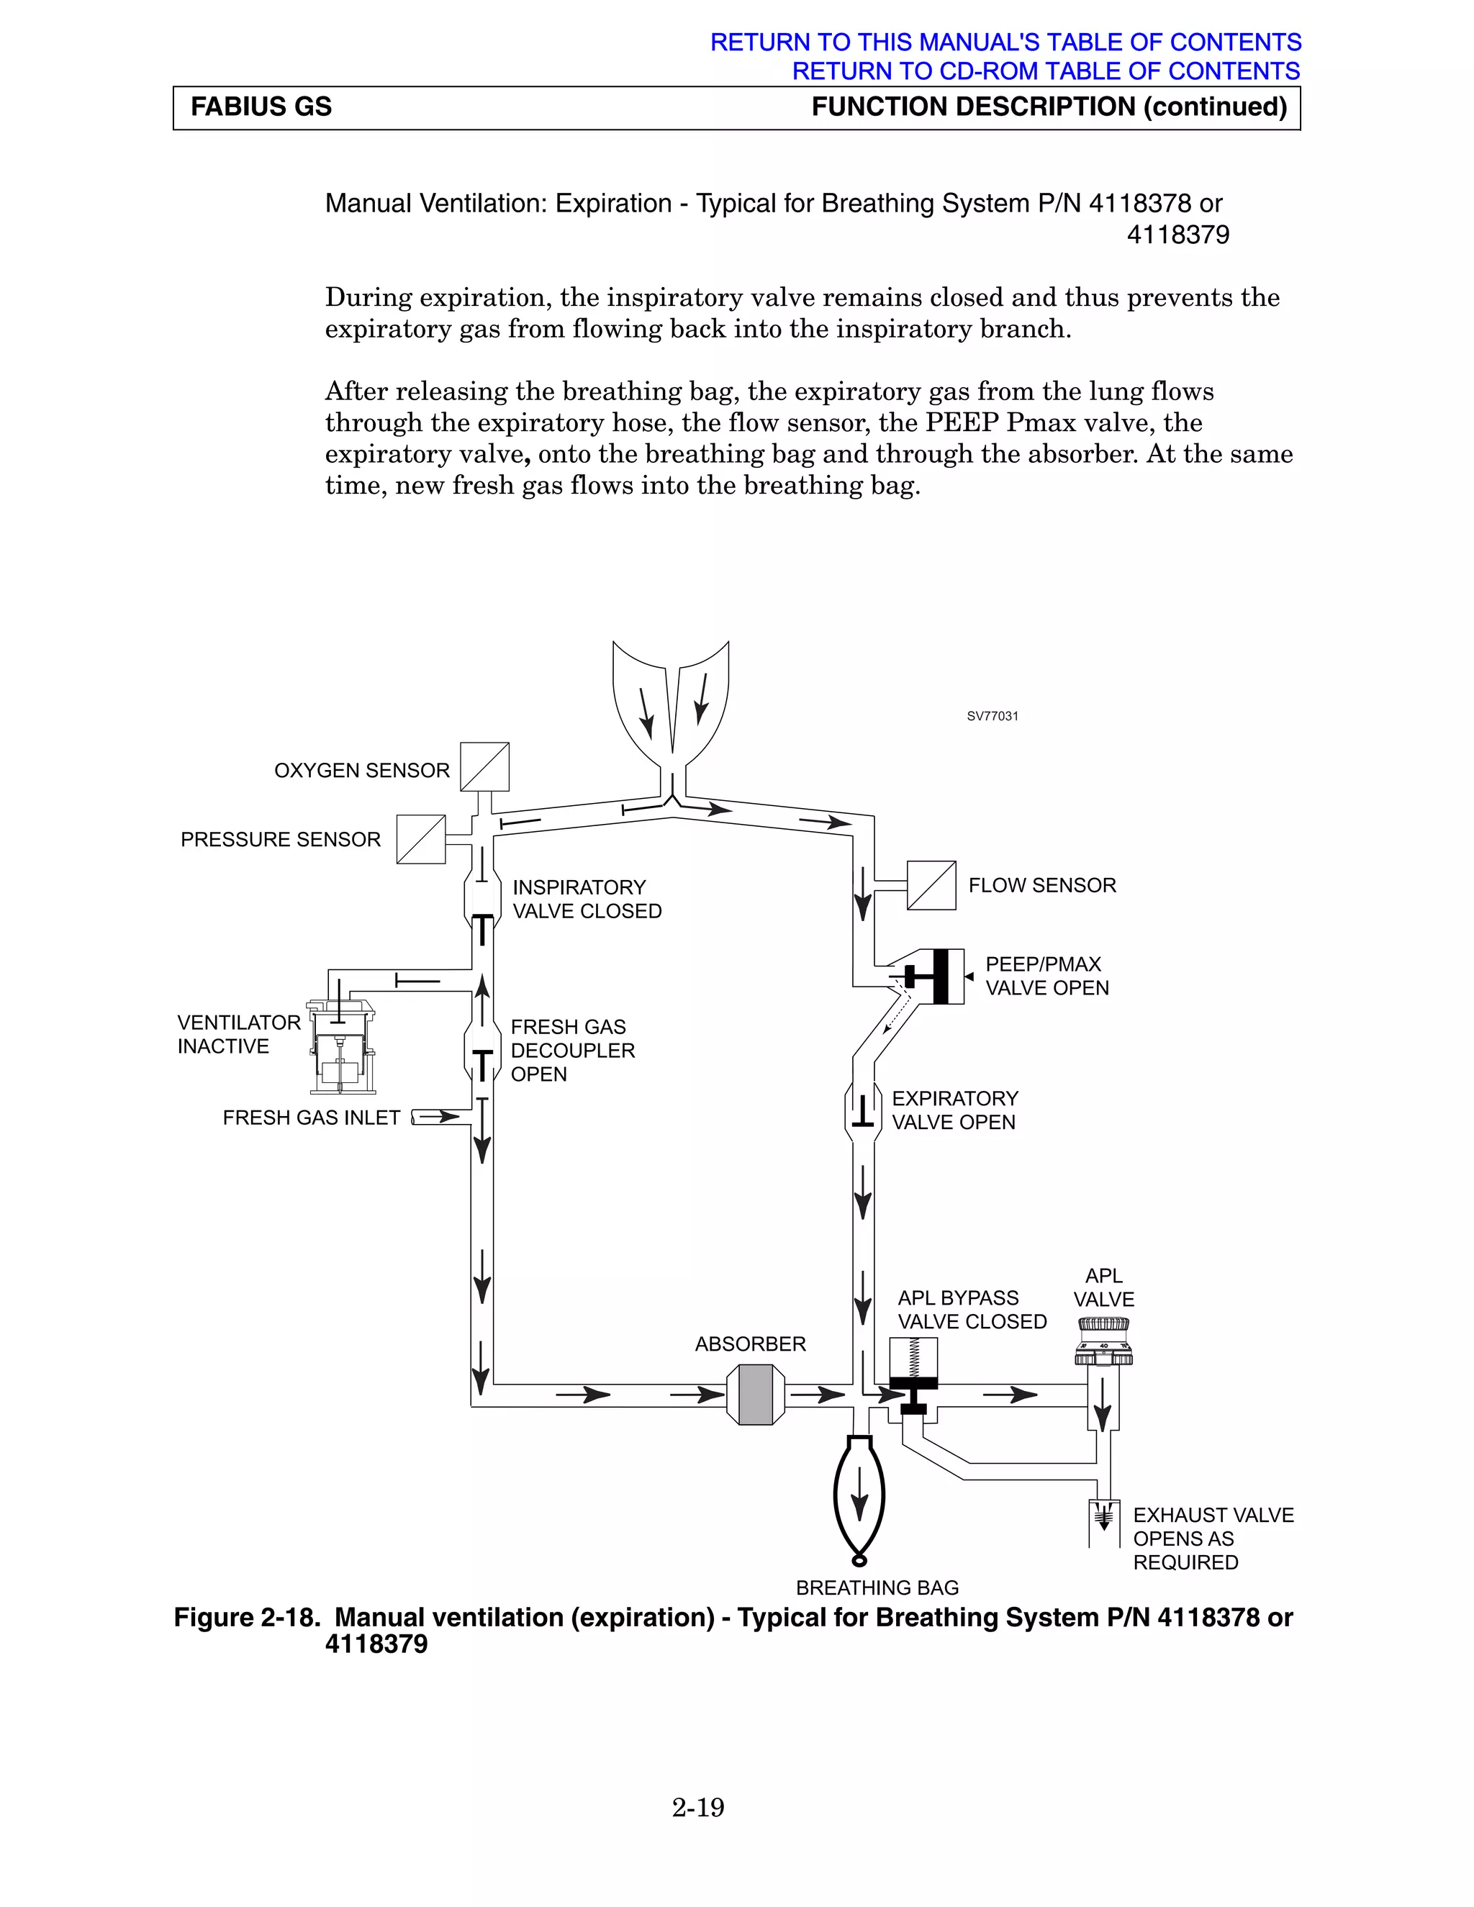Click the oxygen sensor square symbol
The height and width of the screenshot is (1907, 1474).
tap(484, 766)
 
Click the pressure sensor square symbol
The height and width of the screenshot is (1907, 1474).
tap(421, 839)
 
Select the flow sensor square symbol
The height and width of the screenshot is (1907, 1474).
tap(931, 885)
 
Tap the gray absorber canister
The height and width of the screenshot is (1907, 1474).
tap(755, 1395)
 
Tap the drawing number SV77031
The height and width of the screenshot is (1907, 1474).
tap(992, 716)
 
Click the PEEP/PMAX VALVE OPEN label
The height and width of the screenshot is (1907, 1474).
tap(1046, 977)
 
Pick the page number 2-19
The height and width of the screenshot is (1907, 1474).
tap(697, 1808)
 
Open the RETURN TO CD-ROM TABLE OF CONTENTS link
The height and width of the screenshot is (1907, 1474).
tap(1045, 71)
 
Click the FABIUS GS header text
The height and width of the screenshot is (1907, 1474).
tap(261, 107)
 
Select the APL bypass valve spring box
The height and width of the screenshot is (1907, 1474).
tap(913, 1357)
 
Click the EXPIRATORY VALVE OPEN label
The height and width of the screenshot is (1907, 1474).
tap(954, 1110)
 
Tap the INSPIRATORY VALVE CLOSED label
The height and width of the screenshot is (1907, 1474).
tap(586, 900)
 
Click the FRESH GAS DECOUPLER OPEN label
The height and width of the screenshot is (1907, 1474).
tap(572, 1051)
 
